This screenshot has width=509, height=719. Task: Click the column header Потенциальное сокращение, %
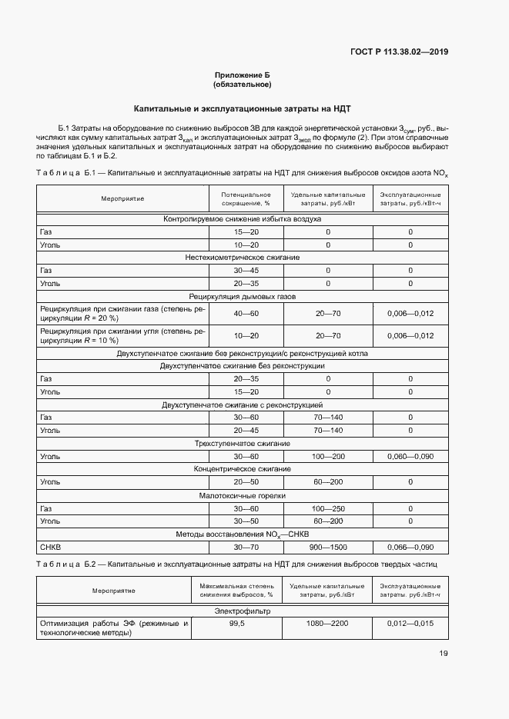pyautogui.click(x=246, y=198)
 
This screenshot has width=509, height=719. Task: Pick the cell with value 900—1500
pyautogui.click(x=328, y=548)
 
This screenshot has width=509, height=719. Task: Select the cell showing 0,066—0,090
pyautogui.click(x=410, y=548)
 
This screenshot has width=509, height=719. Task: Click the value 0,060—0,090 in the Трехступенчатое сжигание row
pyautogui.click(x=410, y=456)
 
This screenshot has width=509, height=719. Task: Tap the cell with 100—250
pyautogui.click(x=328, y=508)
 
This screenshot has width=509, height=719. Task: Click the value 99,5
pyautogui.click(x=236, y=624)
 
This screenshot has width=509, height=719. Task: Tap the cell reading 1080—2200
pyautogui.click(x=328, y=624)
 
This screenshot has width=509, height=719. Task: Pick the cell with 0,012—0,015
pyautogui.click(x=410, y=624)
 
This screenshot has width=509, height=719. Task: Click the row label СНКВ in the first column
pyautogui.click(x=50, y=548)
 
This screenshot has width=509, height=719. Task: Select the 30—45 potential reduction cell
pyautogui.click(x=246, y=270)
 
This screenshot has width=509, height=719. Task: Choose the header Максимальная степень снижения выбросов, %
pyautogui.click(x=236, y=591)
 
